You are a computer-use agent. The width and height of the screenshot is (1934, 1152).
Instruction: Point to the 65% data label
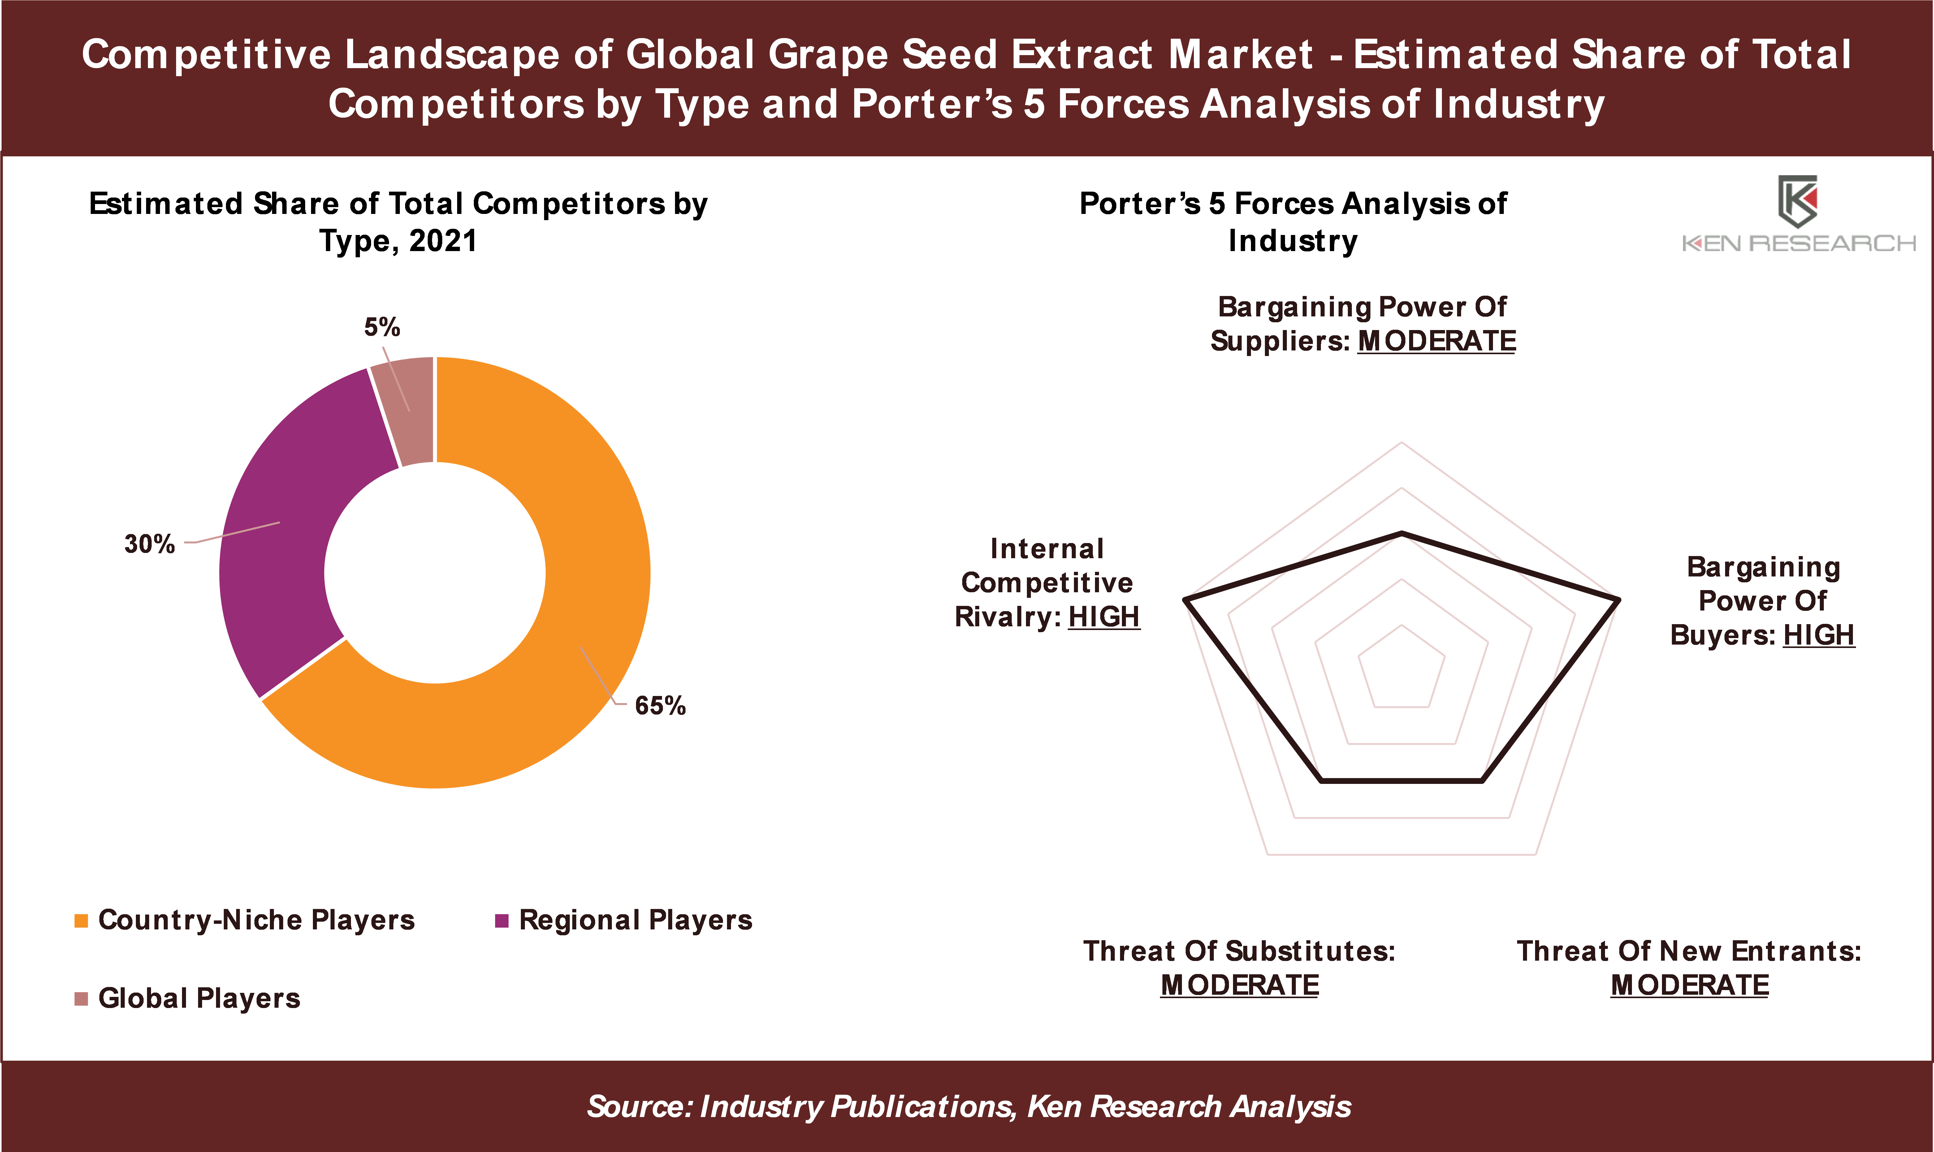[x=660, y=706]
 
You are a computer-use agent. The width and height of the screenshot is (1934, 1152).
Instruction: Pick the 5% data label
[x=383, y=327]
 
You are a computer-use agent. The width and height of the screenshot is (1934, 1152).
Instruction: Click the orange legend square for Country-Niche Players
[x=81, y=921]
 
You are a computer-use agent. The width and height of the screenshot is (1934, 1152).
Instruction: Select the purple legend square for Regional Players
[x=502, y=921]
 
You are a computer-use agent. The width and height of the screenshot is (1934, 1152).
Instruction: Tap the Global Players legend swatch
[x=81, y=998]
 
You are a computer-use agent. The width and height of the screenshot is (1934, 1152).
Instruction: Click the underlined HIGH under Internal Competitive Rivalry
[x=1104, y=617]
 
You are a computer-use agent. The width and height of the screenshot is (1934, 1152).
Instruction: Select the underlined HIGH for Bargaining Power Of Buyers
[x=1819, y=635]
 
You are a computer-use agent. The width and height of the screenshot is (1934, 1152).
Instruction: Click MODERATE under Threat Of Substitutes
[x=1240, y=985]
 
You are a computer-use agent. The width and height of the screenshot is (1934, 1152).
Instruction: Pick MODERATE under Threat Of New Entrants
[x=1690, y=985]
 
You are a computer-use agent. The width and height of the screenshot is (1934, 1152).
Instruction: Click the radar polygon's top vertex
[x=1402, y=533]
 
